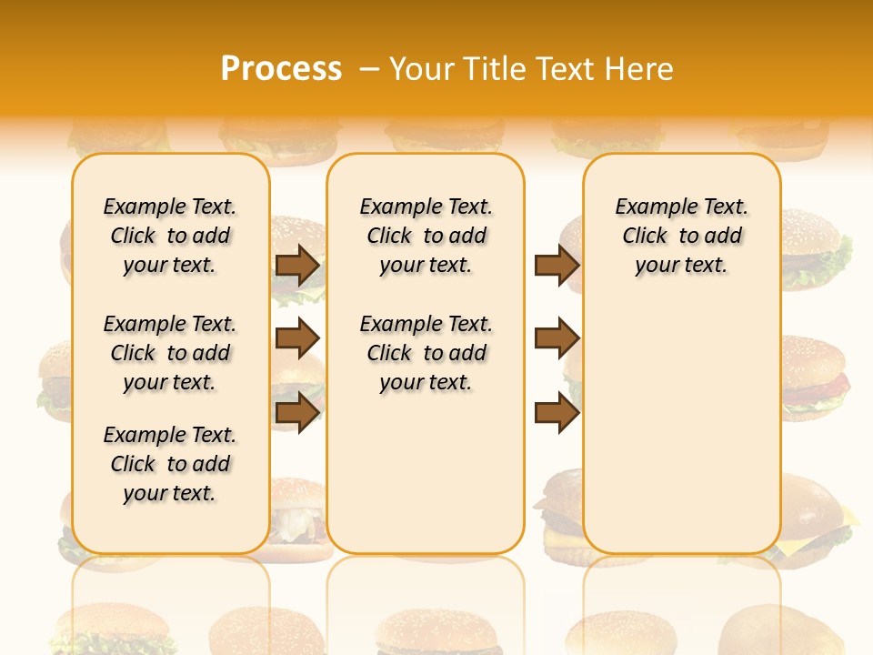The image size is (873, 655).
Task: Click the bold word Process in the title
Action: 281,68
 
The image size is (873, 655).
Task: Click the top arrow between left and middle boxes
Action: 297,265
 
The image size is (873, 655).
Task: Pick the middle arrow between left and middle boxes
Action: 297,338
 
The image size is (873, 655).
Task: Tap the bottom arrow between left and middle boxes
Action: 297,413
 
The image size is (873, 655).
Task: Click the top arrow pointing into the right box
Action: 557,265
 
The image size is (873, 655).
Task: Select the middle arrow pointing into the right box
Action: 557,338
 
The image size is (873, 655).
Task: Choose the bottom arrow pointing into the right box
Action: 557,413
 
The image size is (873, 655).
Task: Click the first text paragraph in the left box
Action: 170,236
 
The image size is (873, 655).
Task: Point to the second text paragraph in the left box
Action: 170,353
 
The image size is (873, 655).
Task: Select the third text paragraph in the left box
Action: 170,464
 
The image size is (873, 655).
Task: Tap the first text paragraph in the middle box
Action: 426,236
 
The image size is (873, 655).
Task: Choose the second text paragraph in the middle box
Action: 426,353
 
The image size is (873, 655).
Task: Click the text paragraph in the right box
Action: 681,236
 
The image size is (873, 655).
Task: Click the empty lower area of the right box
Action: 681,428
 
